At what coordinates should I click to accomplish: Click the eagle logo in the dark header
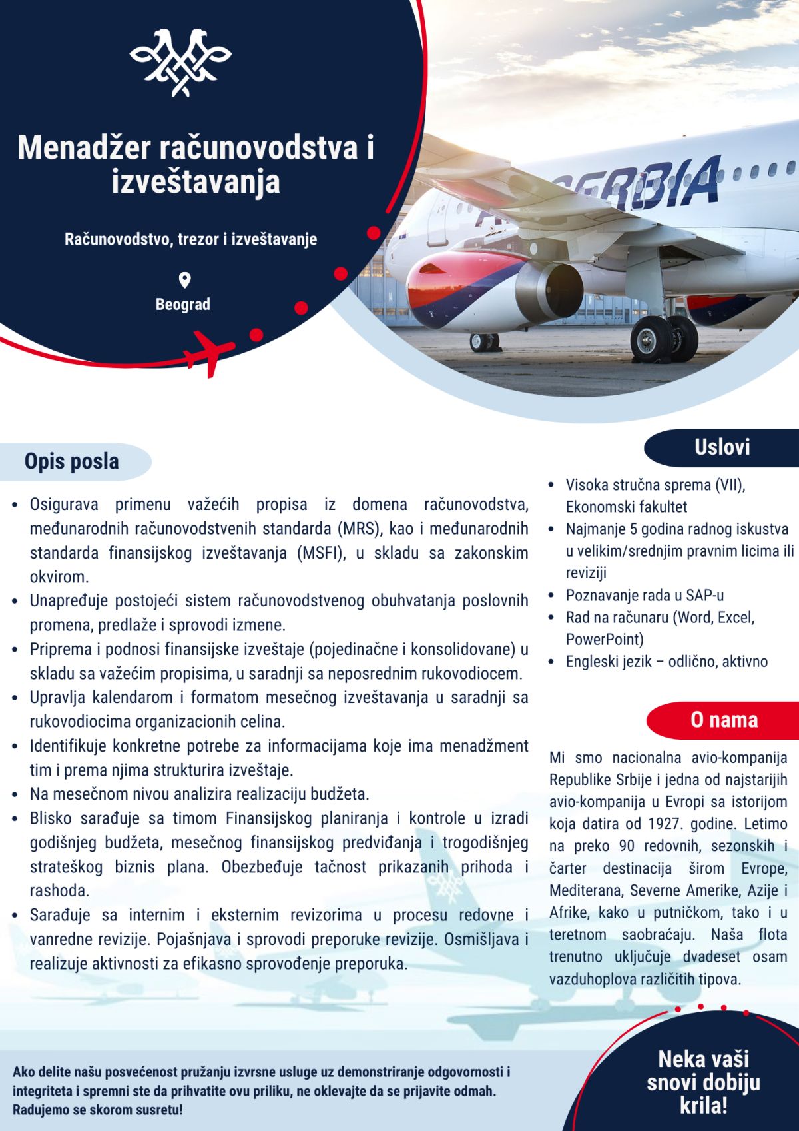180,62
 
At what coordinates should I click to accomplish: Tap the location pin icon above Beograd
184,280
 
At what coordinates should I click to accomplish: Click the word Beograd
182,305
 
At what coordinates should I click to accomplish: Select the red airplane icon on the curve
210,351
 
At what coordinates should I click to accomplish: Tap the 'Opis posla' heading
72,461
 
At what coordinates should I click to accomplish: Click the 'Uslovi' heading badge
722,447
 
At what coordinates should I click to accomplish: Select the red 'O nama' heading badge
724,720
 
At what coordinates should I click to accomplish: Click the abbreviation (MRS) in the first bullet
360,529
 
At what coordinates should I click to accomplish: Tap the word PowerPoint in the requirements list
604,640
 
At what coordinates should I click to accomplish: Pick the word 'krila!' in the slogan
703,1106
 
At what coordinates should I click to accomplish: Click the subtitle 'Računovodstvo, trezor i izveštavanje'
190,239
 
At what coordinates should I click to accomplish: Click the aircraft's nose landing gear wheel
484,342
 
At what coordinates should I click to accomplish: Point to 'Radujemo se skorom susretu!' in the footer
97,1110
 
